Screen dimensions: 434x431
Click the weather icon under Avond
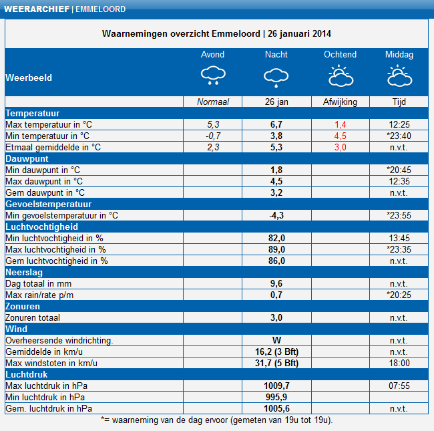(213, 75)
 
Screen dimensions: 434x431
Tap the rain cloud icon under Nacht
(276, 78)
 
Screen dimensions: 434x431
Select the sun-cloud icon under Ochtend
(341, 76)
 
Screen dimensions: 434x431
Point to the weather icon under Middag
(400, 76)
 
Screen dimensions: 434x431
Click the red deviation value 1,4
(340, 125)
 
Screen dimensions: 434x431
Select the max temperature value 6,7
(276, 125)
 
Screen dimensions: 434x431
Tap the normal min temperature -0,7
(213, 136)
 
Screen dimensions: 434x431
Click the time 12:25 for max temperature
(399, 125)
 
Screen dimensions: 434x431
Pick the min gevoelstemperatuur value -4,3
(276, 215)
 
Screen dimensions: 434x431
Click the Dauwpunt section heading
(27, 159)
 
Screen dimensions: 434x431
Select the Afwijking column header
(340, 102)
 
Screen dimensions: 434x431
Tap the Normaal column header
(213, 102)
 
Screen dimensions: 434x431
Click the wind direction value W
(276, 340)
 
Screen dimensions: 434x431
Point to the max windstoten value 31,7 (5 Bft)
(276, 363)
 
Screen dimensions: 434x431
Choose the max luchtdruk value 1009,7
(276, 386)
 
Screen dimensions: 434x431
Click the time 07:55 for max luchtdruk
(399, 386)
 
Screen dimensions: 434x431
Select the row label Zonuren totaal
(33, 317)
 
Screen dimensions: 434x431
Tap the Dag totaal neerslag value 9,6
(276, 283)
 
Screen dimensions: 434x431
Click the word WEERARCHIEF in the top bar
(37, 9)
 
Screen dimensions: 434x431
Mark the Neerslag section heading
(24, 273)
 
